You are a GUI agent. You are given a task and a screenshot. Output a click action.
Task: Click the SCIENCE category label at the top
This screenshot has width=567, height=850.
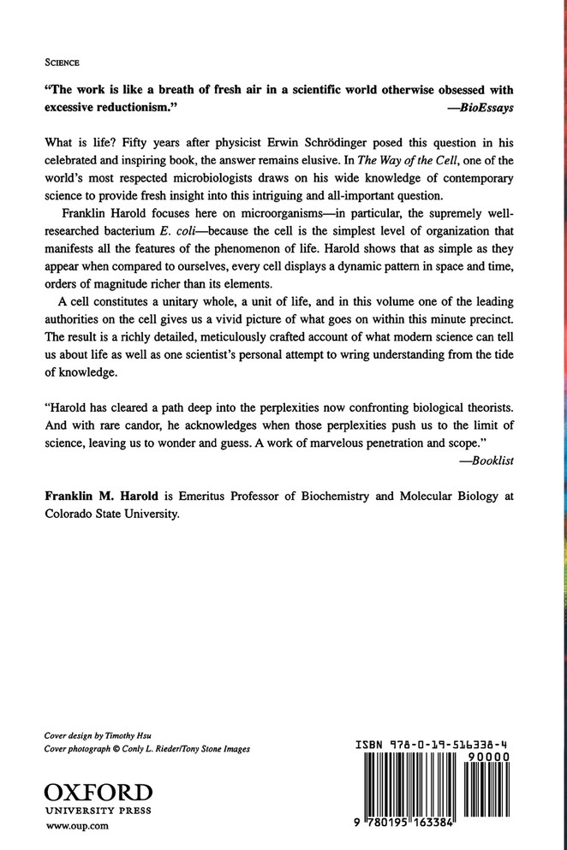point(59,62)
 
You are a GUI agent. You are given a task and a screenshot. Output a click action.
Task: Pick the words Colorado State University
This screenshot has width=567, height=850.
point(110,516)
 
